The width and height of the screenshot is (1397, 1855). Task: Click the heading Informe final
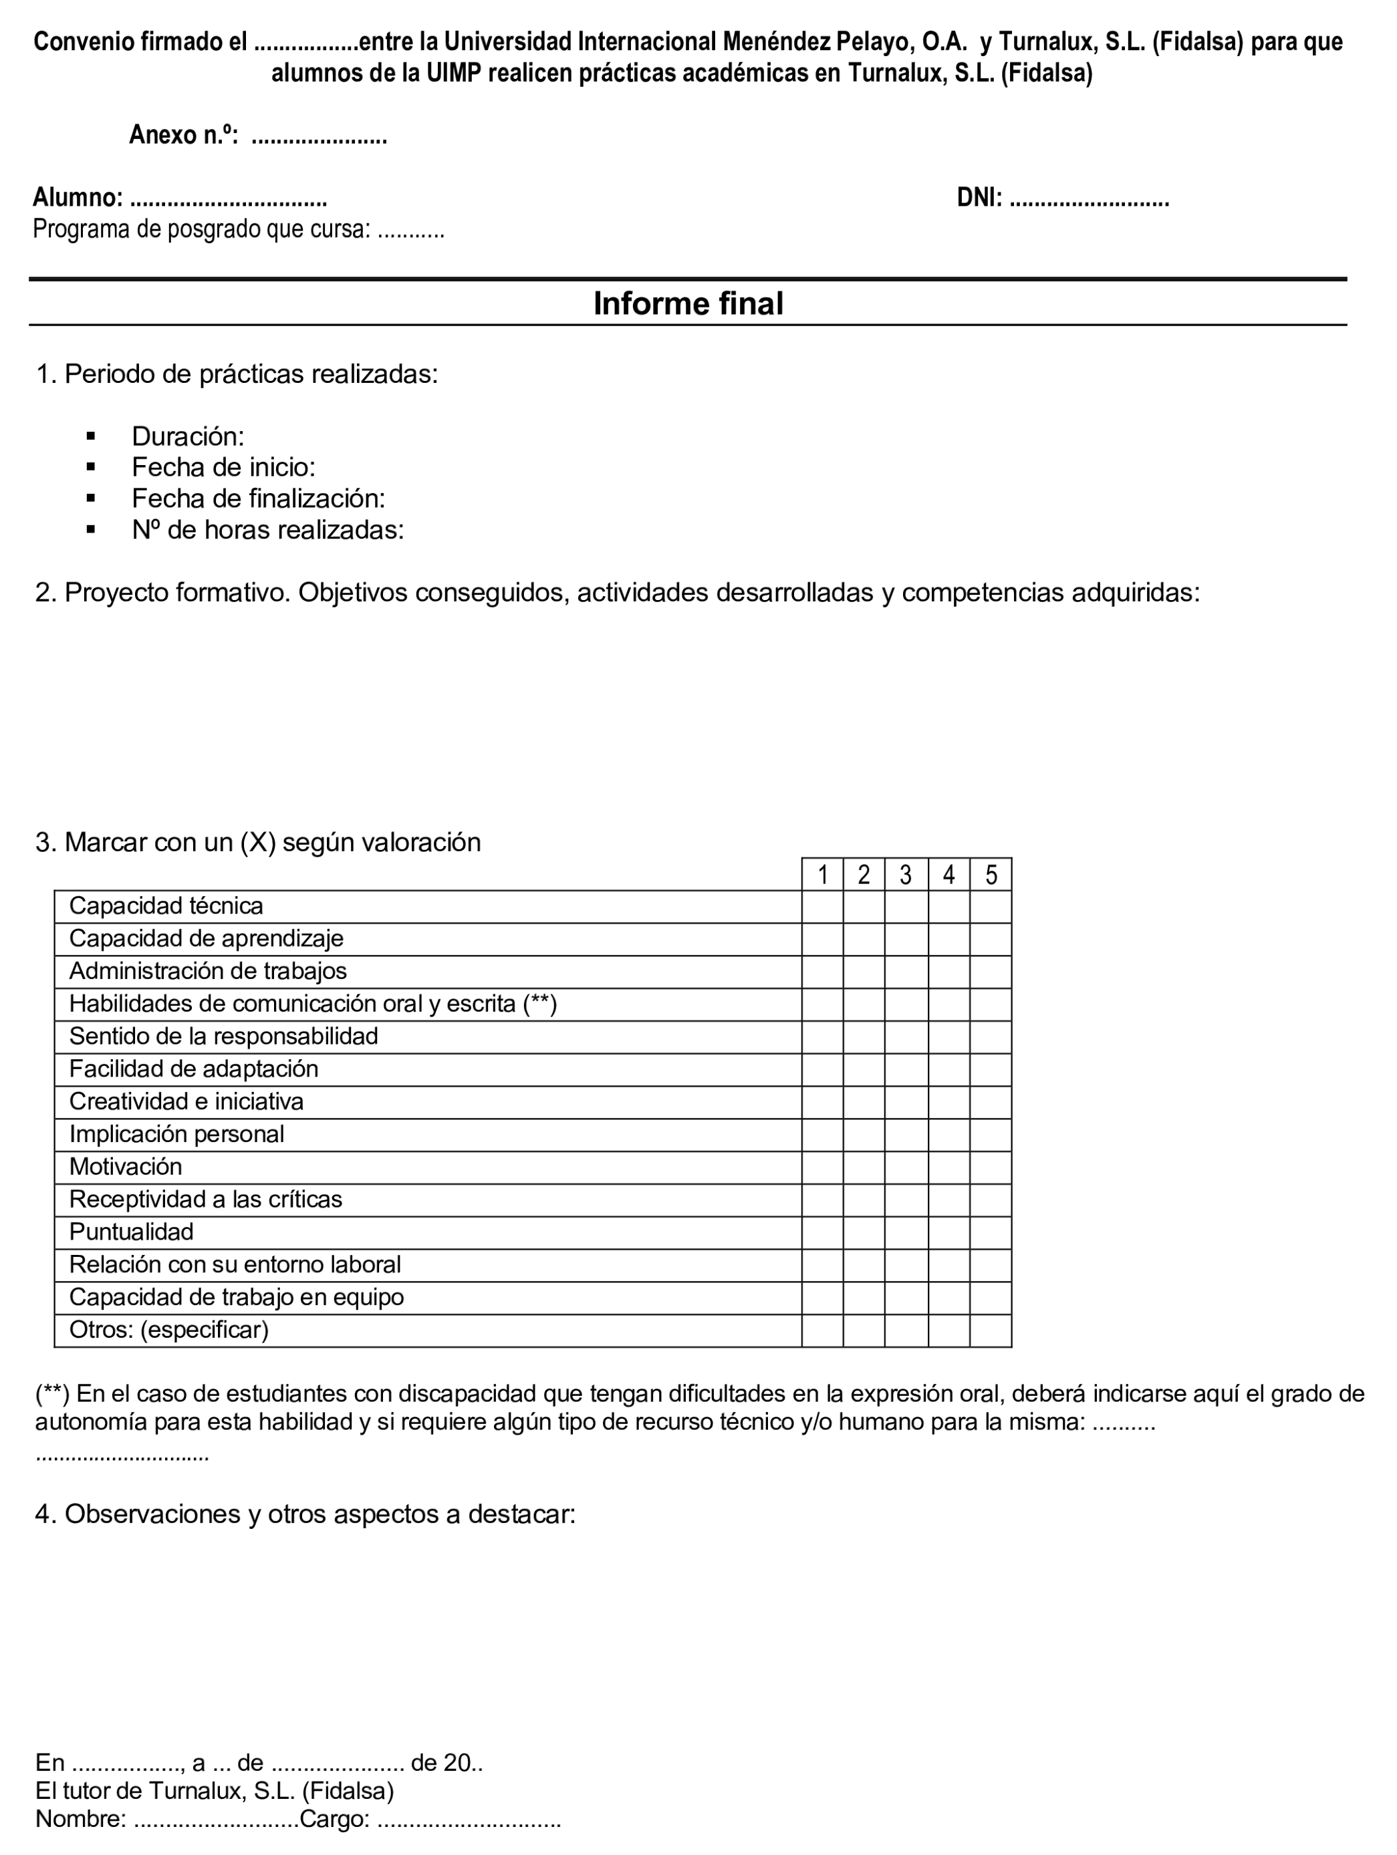click(x=687, y=303)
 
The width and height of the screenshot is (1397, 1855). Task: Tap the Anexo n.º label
click(x=183, y=135)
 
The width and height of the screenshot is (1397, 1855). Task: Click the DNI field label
click(x=979, y=198)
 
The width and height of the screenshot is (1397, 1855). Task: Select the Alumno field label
click(x=77, y=198)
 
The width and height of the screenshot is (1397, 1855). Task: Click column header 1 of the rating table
click(x=822, y=875)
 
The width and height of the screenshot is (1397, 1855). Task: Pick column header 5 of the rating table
click(x=990, y=875)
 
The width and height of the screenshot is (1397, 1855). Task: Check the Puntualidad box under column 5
click(x=990, y=1232)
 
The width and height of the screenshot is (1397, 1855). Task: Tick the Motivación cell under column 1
click(x=822, y=1167)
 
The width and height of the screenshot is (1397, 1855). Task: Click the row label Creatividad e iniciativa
click(x=186, y=1101)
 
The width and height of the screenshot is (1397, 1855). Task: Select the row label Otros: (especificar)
click(x=168, y=1329)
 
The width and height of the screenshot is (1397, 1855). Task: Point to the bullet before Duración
click(x=91, y=436)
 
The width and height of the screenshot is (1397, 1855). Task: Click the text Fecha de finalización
click(x=257, y=499)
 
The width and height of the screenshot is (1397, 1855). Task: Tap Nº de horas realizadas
click(x=267, y=530)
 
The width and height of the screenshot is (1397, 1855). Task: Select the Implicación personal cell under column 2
click(x=864, y=1134)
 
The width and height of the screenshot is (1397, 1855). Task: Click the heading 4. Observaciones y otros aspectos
click(x=305, y=1514)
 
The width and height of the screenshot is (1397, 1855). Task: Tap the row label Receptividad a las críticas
click(x=206, y=1199)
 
